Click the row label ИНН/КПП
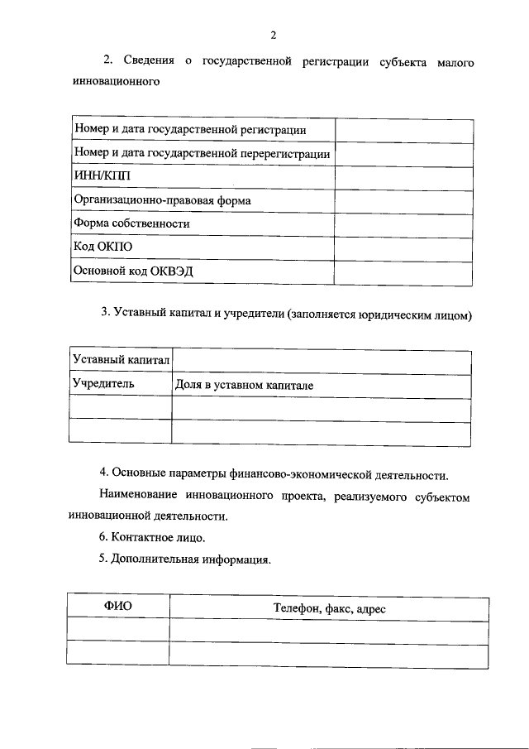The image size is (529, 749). tap(102, 176)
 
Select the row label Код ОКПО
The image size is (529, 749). tap(102, 247)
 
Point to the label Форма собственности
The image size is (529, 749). tap(131, 223)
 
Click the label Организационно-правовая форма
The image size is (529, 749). tap(162, 200)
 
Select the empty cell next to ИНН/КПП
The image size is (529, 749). tap(403, 176)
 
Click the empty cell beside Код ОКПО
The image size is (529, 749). tap(403, 247)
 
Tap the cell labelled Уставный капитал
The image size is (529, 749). tap(121, 360)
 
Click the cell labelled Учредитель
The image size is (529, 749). tap(103, 384)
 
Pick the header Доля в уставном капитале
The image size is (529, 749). tap(244, 385)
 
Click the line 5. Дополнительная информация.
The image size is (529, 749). tap(184, 559)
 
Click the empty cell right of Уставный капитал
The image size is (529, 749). tap(322, 360)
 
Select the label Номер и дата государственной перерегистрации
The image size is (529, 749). tap(202, 153)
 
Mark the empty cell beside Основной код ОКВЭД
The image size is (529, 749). tap(403, 271)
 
